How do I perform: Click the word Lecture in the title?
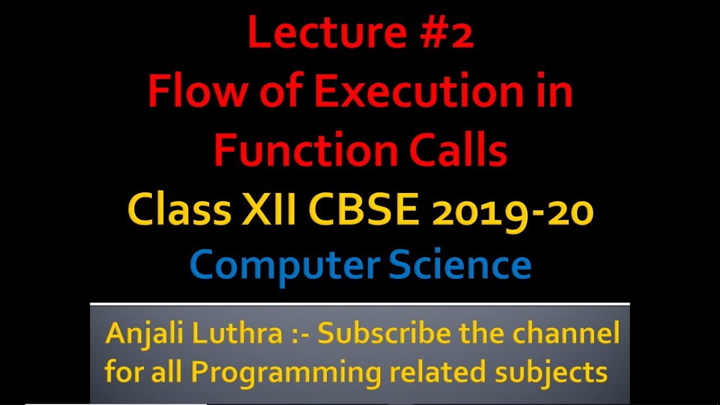(x=311, y=33)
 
